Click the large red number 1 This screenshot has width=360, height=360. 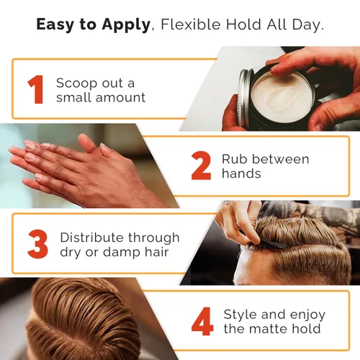[x=36, y=89]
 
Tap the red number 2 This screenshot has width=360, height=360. [x=201, y=166]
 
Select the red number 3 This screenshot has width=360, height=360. [x=38, y=244]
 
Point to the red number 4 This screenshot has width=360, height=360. [x=202, y=321]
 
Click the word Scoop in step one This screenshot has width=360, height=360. [x=77, y=84]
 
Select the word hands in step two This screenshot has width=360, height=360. [x=241, y=173]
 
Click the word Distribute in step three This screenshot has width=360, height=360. [x=92, y=238]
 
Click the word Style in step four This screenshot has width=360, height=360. [x=240, y=315]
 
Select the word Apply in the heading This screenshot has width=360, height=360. [x=126, y=25]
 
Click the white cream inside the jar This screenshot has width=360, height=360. [x=283, y=98]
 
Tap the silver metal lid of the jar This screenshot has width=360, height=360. [x=244, y=98]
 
